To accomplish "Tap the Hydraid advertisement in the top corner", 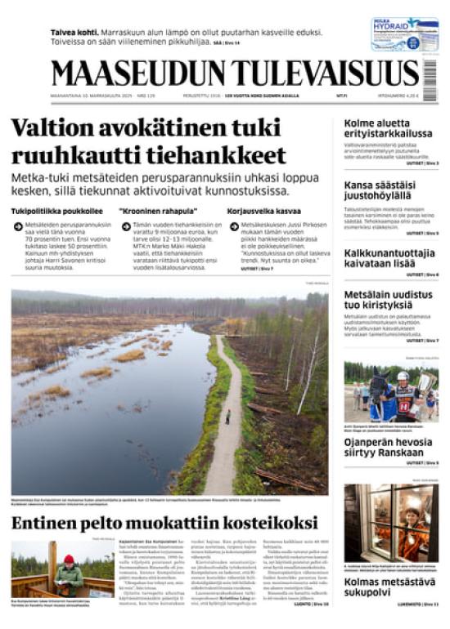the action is [x=404, y=34].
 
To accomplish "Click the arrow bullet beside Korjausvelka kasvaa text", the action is [x=234, y=226].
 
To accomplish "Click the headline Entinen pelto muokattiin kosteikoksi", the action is [x=164, y=521].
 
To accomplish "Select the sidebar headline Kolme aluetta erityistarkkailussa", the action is [x=388, y=128].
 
